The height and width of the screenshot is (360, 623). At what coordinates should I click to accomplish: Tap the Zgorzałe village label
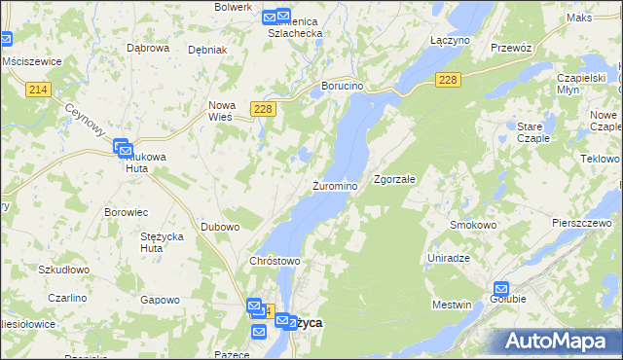pos(395,179)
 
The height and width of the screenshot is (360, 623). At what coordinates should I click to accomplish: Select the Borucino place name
pos(343,86)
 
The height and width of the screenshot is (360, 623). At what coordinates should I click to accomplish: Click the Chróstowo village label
pos(275,261)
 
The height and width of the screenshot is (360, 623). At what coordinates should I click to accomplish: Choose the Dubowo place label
pos(220,227)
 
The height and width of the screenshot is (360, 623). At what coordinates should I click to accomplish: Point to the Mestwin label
pos(451,305)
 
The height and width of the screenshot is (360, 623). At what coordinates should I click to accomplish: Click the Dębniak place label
pos(207,50)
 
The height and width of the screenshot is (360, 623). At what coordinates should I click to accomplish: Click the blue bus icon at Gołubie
pos(501,289)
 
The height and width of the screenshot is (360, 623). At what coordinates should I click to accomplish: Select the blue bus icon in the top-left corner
pos(5,40)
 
